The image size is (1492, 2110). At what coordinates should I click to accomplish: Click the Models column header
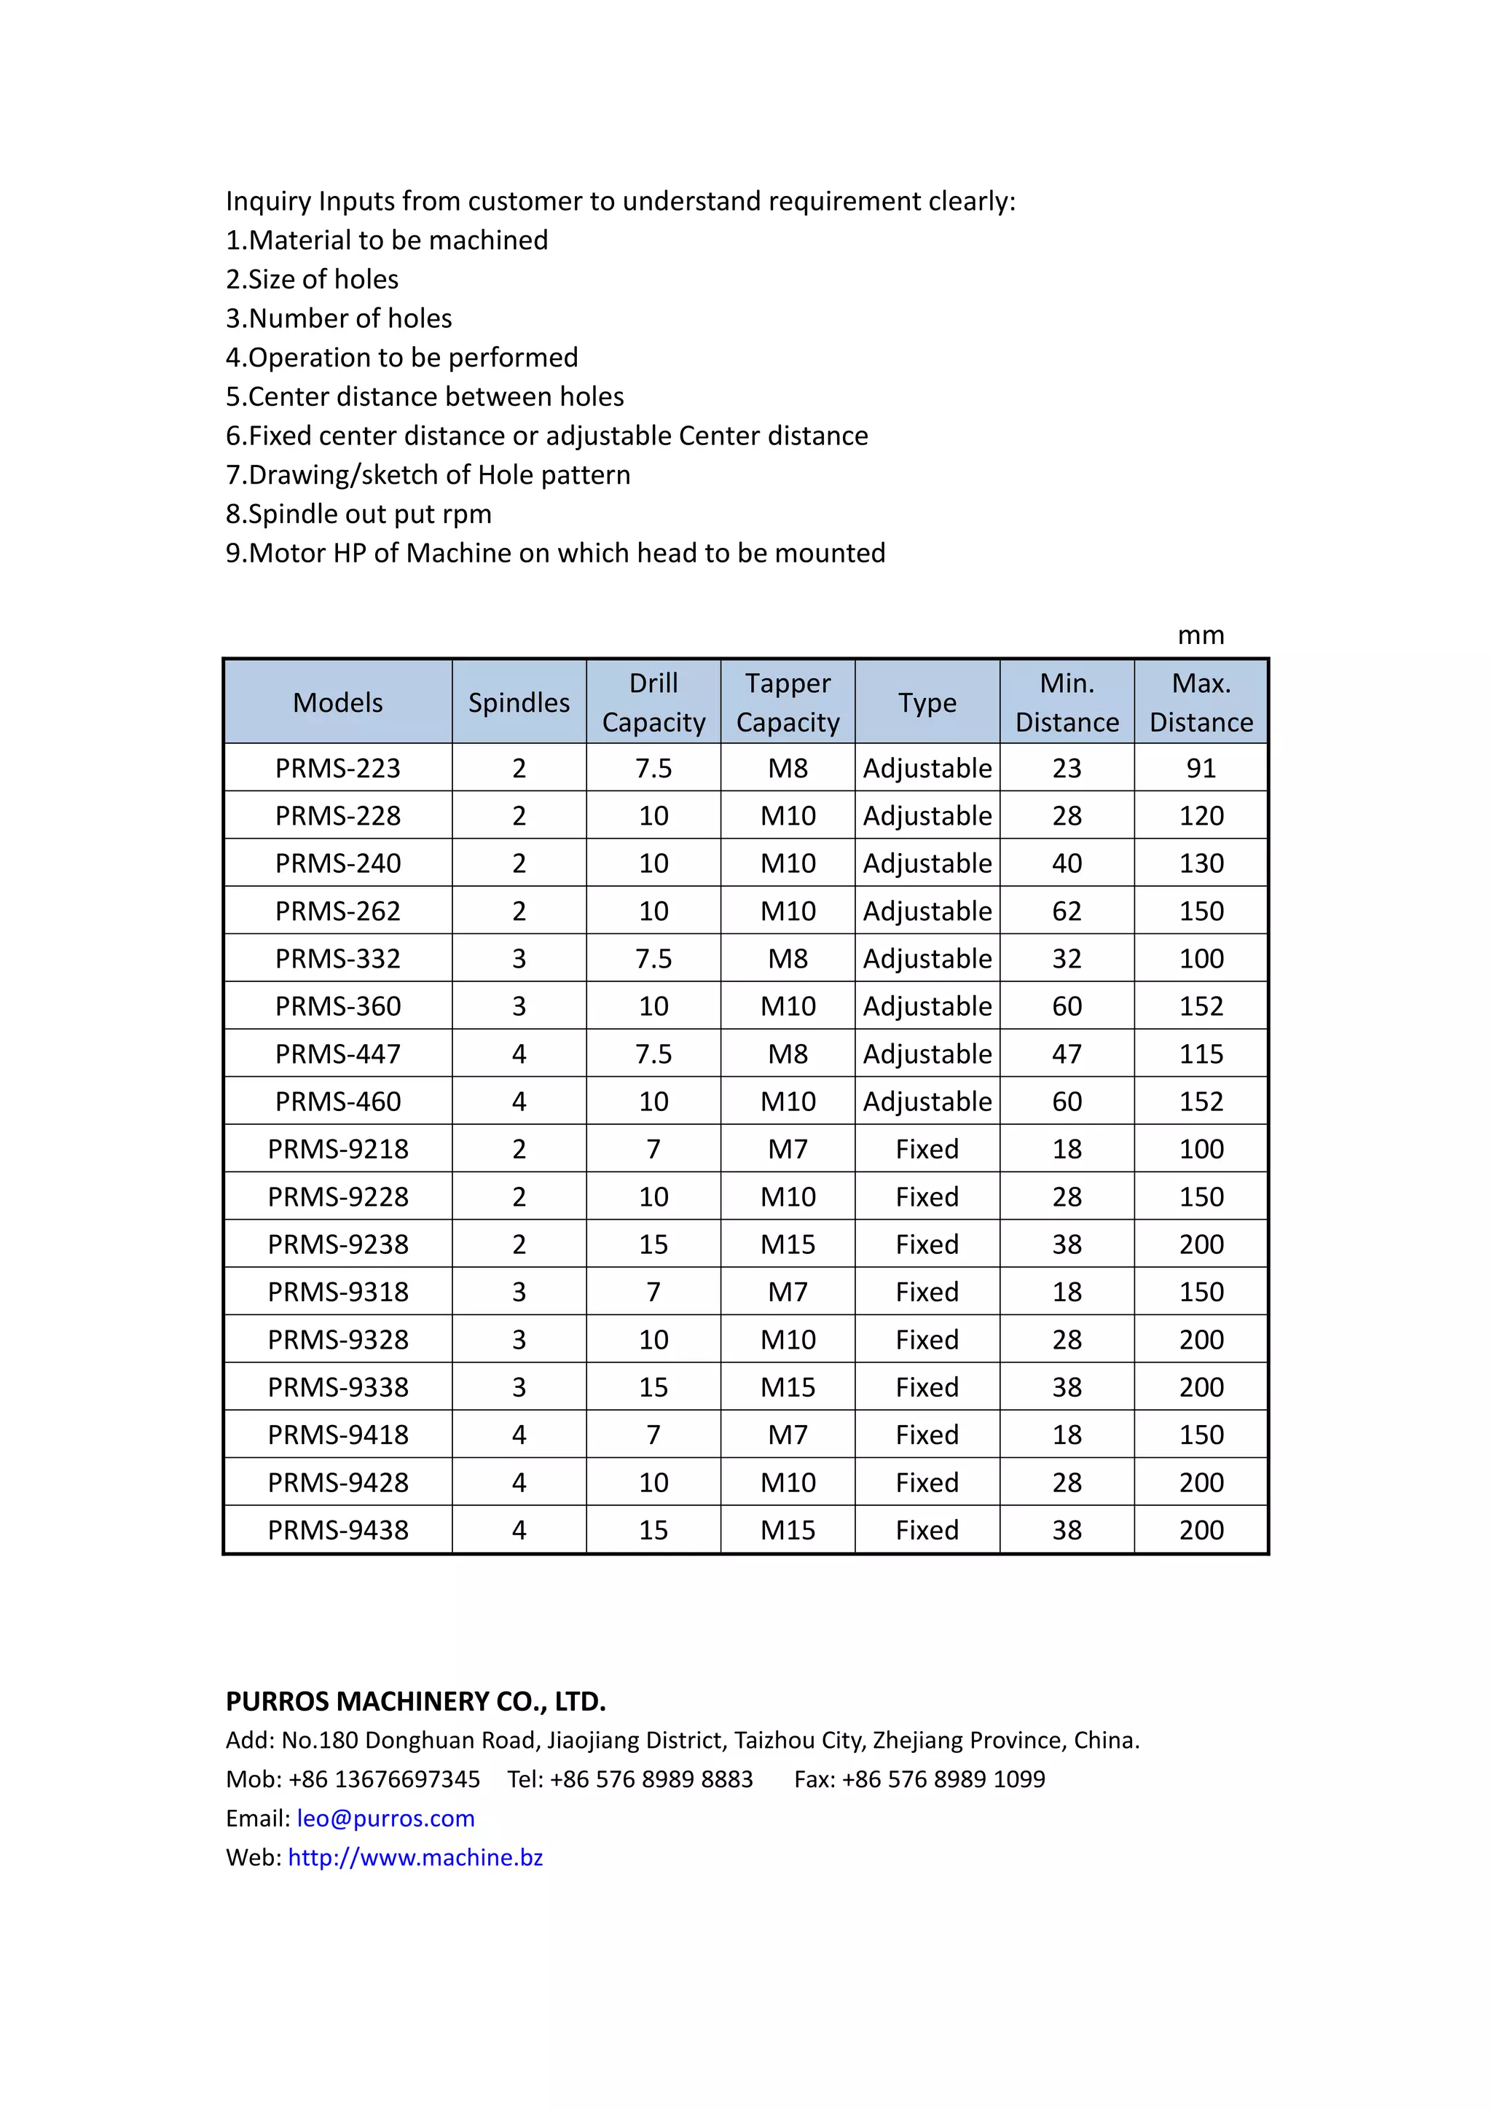[337, 702]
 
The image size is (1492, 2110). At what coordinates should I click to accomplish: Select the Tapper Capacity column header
[788, 702]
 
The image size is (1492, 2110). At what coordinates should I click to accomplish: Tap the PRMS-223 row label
[337, 767]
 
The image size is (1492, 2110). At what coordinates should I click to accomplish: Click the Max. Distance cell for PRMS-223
[1201, 767]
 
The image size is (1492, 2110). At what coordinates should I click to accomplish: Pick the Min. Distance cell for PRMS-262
[1067, 911]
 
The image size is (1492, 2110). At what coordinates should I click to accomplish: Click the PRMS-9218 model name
[337, 1149]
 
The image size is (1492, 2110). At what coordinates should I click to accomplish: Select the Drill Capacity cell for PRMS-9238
[653, 1244]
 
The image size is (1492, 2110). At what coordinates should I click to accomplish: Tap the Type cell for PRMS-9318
[927, 1292]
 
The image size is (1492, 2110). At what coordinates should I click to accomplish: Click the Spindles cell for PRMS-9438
[519, 1530]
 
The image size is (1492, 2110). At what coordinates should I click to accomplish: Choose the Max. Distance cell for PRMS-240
[1201, 863]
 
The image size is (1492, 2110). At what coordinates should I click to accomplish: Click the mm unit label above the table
[1201, 635]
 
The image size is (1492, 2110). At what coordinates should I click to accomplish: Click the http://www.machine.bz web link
[415, 1857]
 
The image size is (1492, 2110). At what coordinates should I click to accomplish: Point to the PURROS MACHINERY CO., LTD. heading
[415, 1701]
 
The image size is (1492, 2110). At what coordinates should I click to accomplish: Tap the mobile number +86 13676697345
[384, 1779]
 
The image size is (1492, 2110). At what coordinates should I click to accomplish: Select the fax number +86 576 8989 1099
[943, 1779]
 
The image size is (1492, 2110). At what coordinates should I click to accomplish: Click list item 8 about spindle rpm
[358, 514]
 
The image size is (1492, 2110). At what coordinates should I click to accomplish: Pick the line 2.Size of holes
[313, 279]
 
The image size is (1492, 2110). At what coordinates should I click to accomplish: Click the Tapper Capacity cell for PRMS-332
[788, 959]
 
